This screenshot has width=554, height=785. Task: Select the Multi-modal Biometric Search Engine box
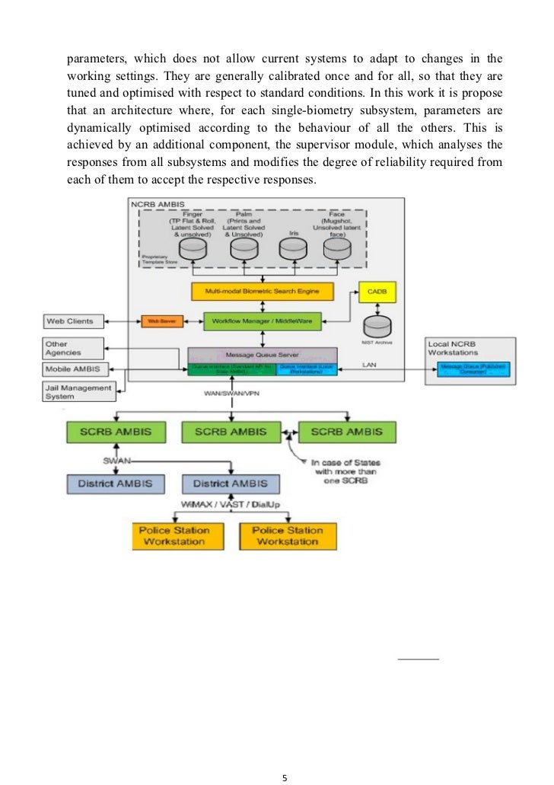pos(263,292)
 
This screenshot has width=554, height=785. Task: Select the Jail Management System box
pos(76,391)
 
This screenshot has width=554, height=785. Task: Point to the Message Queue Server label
pos(262,354)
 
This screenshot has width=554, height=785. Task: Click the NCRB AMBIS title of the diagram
pos(158,204)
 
